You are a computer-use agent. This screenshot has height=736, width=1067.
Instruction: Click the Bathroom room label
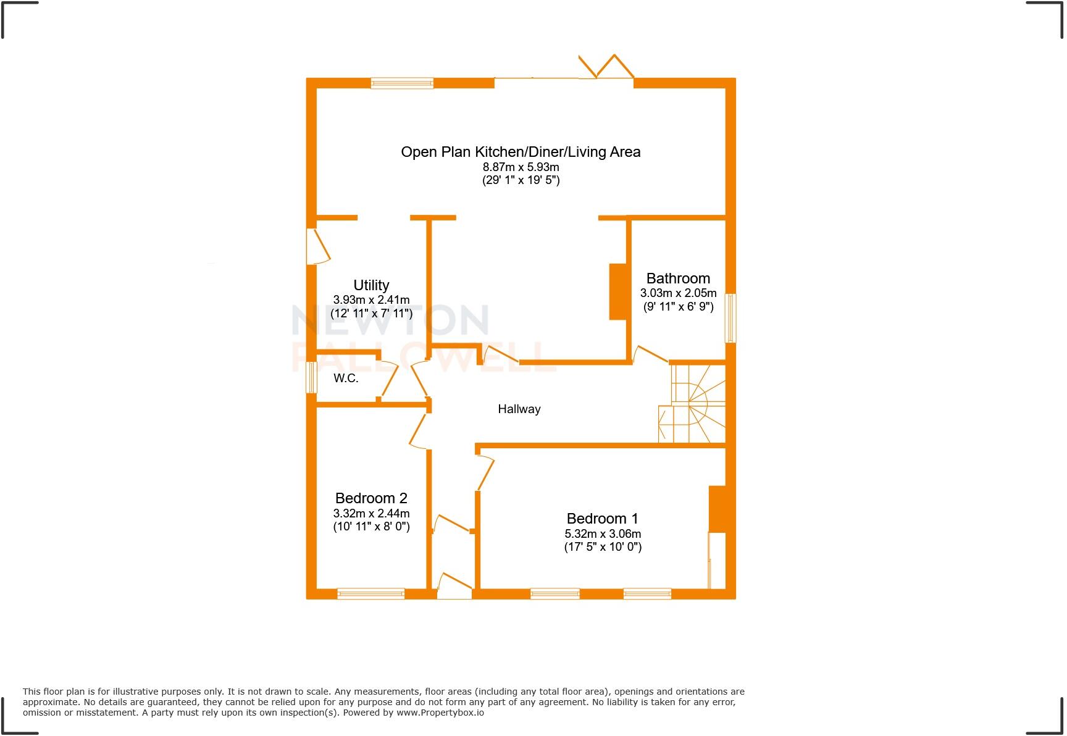[x=678, y=278]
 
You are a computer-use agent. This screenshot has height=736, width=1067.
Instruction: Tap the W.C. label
[x=346, y=378]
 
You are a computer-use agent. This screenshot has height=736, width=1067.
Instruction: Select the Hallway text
[x=519, y=409]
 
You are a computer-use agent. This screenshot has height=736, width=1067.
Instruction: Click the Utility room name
[x=371, y=285]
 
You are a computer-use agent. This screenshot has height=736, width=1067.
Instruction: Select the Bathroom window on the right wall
[x=730, y=318]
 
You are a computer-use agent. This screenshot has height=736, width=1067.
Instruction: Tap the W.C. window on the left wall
[x=311, y=377]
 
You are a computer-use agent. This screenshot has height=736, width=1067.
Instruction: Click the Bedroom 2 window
[x=370, y=593]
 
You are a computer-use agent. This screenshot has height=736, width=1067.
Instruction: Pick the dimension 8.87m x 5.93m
[x=521, y=167]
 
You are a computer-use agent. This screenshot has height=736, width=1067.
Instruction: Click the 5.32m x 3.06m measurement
[x=603, y=534]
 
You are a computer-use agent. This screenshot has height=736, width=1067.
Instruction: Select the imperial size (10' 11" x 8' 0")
[x=371, y=527]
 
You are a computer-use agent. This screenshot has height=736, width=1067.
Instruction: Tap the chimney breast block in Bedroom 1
[x=716, y=509]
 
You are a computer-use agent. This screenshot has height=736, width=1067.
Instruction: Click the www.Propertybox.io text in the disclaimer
[x=440, y=713]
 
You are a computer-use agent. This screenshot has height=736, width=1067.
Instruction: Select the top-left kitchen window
[x=402, y=83]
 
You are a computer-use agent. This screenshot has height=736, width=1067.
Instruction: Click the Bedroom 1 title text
[x=602, y=519]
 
